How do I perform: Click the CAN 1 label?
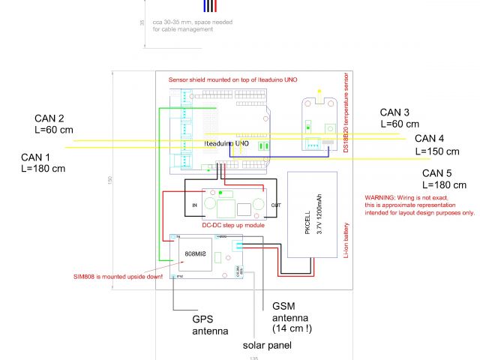[36, 157]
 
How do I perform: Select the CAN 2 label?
[49, 118]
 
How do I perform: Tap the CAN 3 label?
[395, 112]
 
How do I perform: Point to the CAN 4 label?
[430, 139]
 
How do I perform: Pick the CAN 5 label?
[437, 173]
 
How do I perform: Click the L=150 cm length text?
[439, 151]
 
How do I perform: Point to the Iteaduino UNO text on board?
[226, 142]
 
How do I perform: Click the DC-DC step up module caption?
[232, 223]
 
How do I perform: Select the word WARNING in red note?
[379, 197]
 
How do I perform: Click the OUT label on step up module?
[276, 205]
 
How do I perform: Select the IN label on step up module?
[194, 205]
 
